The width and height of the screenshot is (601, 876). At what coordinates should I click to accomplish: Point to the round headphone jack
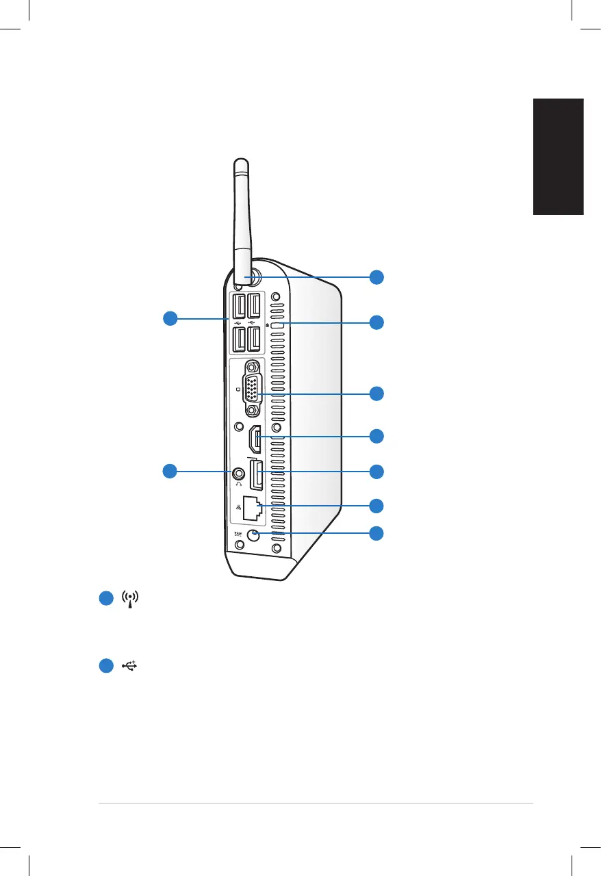[239, 472]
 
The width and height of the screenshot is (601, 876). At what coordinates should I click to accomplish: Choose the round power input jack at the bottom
[253, 536]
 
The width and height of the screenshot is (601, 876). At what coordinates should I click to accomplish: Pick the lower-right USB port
[254, 338]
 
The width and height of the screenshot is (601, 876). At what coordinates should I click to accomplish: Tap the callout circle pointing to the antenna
[376, 277]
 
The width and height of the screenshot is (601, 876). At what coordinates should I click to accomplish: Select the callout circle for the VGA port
[376, 393]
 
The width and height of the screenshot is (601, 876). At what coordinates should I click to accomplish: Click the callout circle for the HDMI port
[376, 435]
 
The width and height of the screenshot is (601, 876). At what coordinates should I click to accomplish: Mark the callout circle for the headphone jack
[169, 470]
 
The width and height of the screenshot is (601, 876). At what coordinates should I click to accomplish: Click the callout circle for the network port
[376, 506]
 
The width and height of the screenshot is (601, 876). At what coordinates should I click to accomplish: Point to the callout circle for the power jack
[376, 533]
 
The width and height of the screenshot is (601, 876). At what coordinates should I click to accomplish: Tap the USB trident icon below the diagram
[130, 665]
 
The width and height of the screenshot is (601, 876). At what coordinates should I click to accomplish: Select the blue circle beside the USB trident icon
[105, 665]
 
